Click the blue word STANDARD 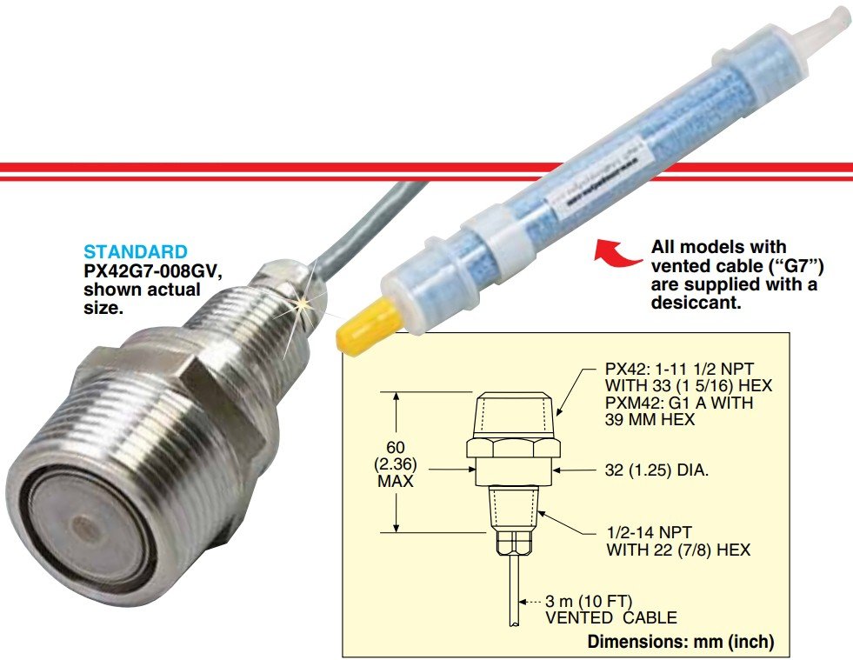tap(135, 252)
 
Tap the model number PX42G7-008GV tap(153, 270)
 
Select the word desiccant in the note tap(696, 303)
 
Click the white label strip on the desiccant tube tap(598, 171)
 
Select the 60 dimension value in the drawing tap(396, 447)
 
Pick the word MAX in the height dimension tap(396, 482)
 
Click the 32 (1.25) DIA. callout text tap(656, 470)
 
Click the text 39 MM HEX tap(650, 419)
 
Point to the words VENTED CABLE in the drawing tap(611, 618)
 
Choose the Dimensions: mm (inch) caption tap(681, 642)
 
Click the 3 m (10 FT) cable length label tap(589, 602)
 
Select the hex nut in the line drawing tap(514, 449)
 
